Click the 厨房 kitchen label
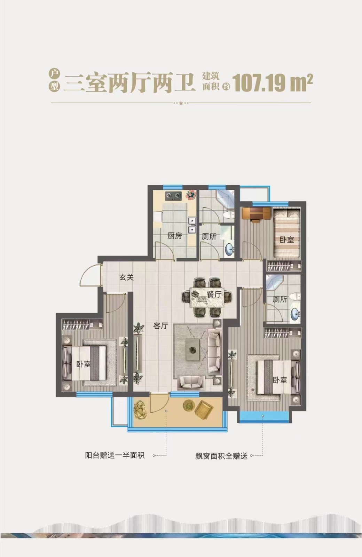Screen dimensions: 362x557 [x=174, y=235]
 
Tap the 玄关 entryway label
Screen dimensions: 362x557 [x=127, y=277]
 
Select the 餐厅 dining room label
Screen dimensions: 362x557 [x=214, y=295]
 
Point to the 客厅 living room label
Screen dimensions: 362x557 [x=160, y=325]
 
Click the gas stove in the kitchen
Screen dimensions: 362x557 [x=173, y=196]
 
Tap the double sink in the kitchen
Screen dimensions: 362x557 [x=192, y=225]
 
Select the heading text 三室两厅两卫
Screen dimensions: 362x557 [x=129, y=82]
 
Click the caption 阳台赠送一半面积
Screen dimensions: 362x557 [x=115, y=455]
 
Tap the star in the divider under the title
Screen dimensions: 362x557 [x=181, y=103]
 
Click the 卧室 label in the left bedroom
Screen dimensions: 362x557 [x=83, y=364]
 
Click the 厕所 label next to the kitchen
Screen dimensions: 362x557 [x=209, y=236]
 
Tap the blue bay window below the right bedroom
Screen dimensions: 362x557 [x=264, y=416]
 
